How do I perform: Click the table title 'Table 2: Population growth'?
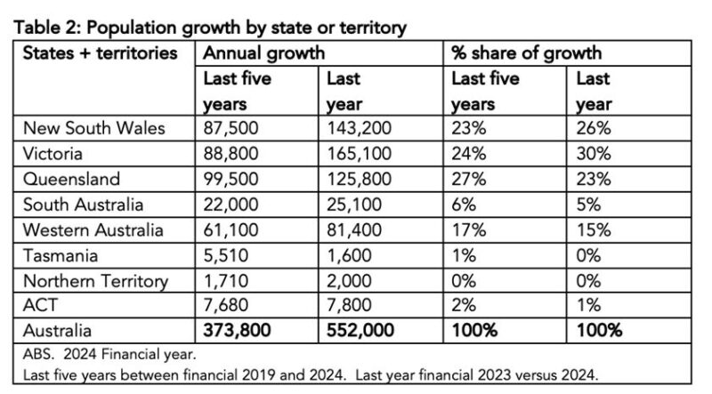click(x=210, y=27)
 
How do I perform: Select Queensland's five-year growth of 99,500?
click(x=231, y=179)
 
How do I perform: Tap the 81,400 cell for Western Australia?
click(x=354, y=230)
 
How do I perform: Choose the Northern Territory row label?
click(x=95, y=281)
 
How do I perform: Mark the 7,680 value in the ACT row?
click(x=227, y=307)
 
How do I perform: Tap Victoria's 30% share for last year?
click(x=593, y=154)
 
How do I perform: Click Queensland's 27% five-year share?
click(x=468, y=179)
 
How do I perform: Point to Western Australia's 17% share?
click(x=468, y=230)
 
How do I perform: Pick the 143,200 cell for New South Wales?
click(x=359, y=128)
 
